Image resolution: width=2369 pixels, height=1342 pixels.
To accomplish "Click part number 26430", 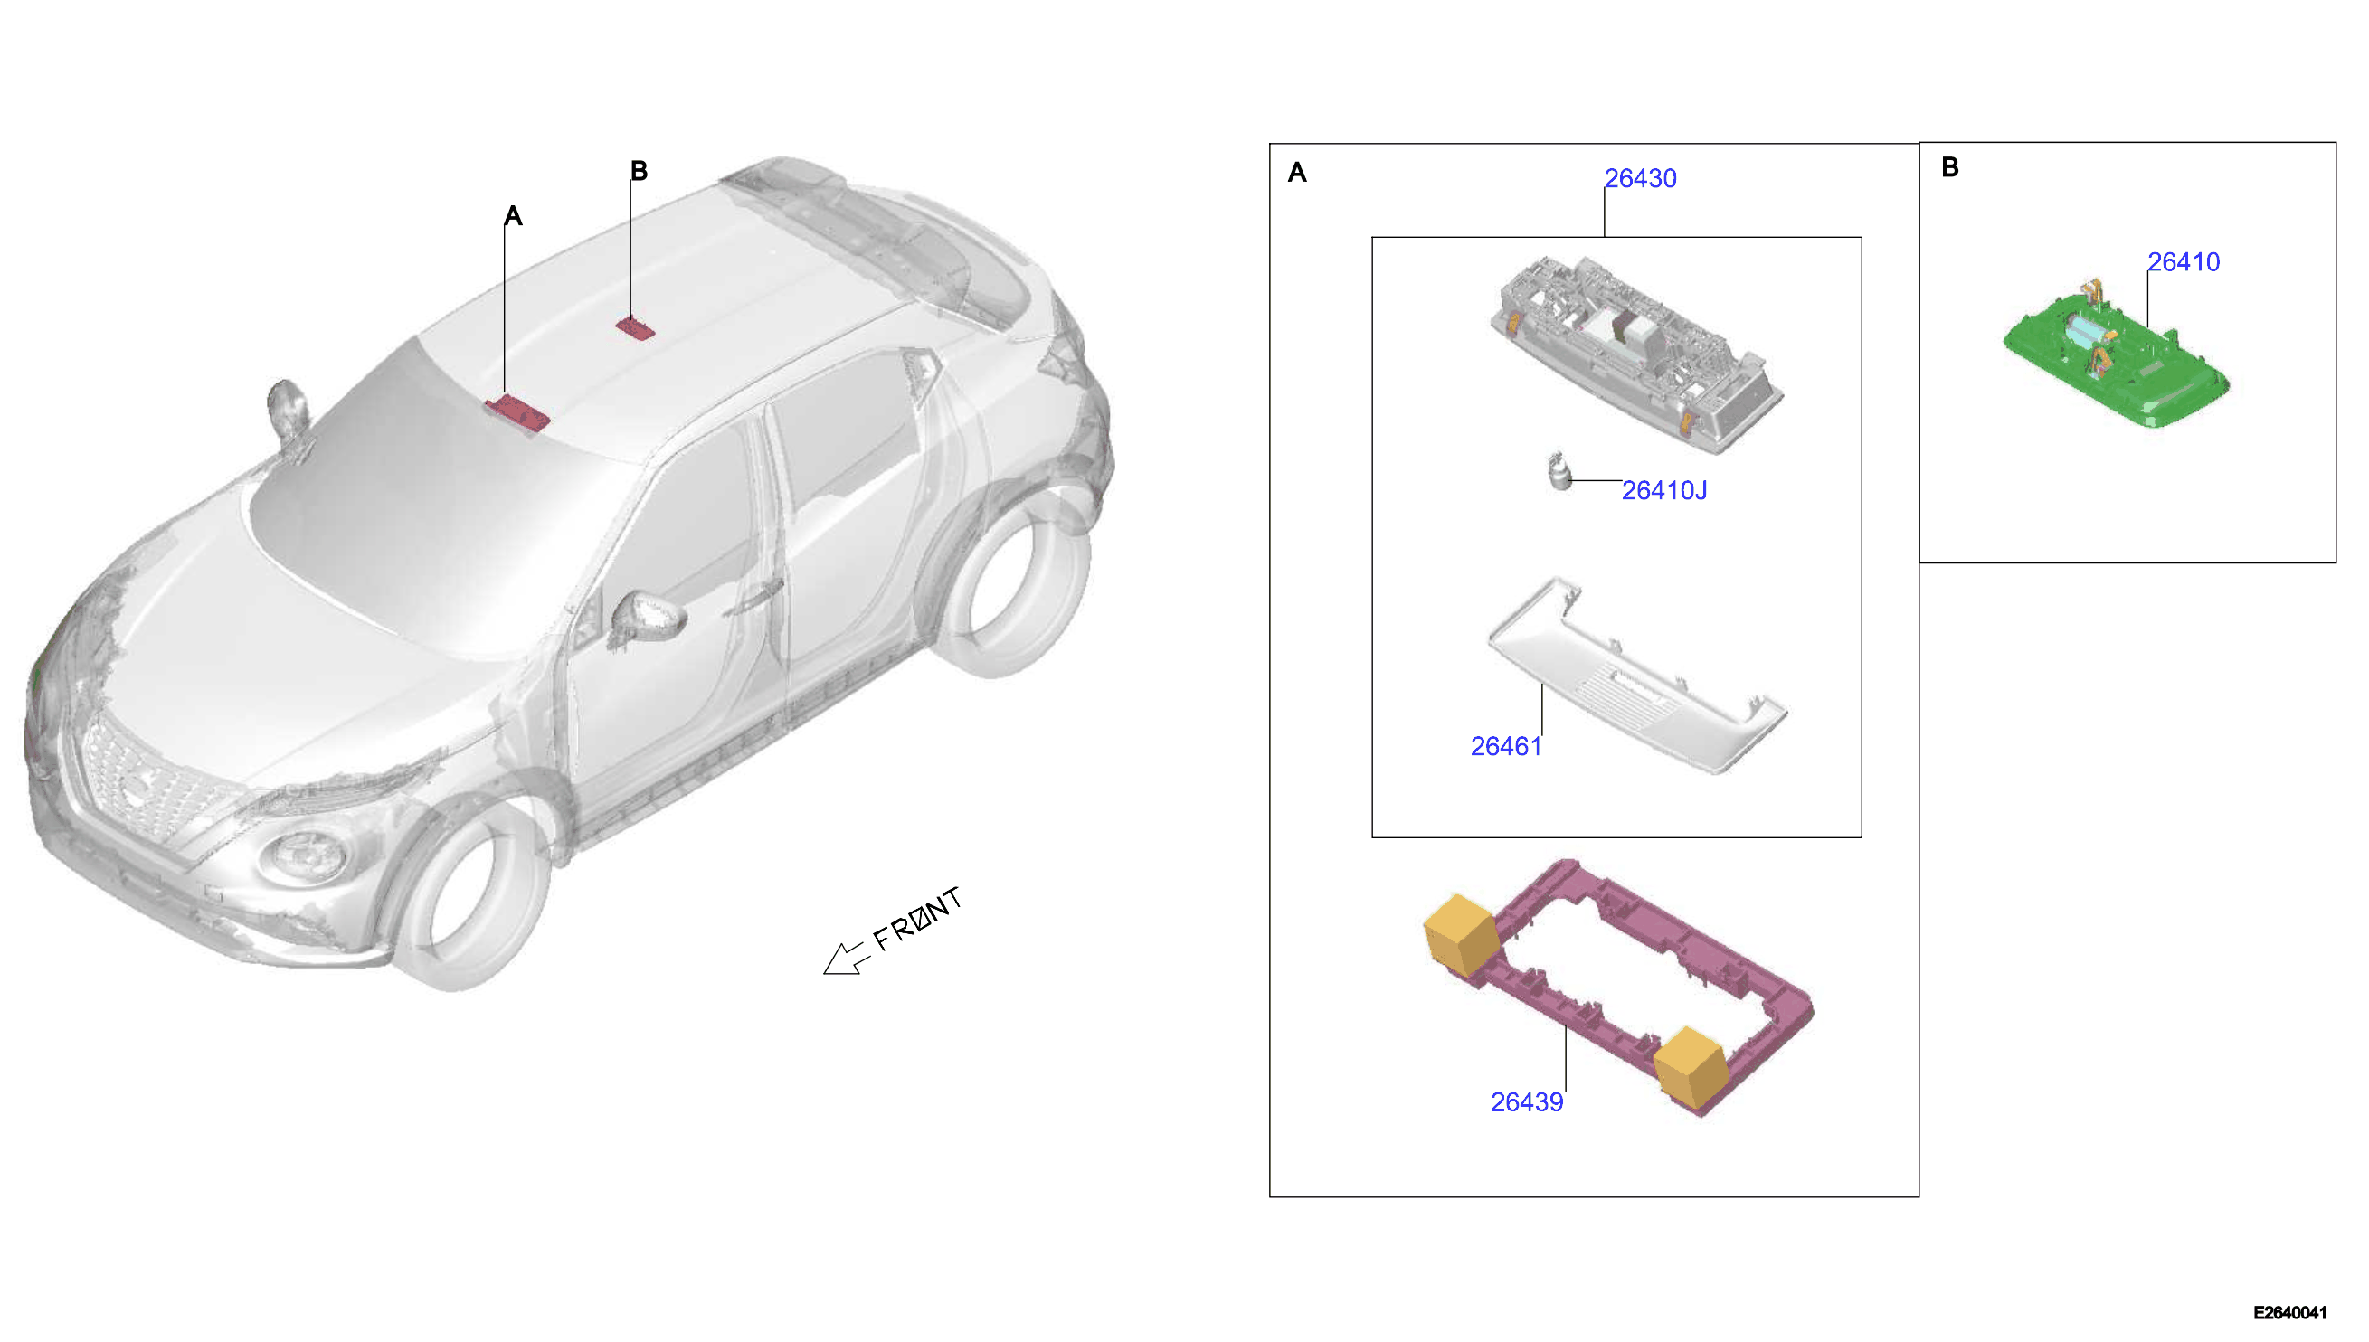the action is tap(1640, 178).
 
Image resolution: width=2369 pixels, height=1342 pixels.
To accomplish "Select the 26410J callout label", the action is tap(1663, 490).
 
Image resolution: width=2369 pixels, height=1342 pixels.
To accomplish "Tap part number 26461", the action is tap(1505, 747).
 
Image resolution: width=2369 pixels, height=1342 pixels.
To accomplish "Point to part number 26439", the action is tap(1527, 1102).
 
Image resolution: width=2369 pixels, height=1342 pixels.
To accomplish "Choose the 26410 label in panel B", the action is tap(2183, 261).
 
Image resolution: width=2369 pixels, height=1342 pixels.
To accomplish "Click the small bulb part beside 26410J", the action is tap(1559, 472).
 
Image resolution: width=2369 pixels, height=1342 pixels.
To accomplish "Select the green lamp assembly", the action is tap(2116, 354).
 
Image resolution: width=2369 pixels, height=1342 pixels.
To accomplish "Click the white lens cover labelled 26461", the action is tap(1637, 676).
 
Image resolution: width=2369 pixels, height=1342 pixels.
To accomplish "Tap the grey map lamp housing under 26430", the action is tap(1636, 354).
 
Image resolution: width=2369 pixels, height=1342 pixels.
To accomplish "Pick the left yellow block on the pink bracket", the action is tap(1461, 933).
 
